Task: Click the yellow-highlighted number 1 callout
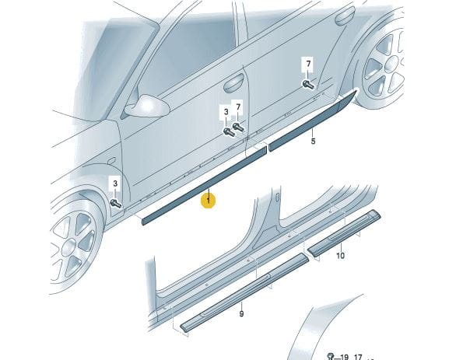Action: pyautogui.click(x=209, y=201)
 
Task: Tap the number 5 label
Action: pyautogui.click(x=313, y=142)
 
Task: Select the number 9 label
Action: pyautogui.click(x=241, y=314)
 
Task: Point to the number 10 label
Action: pyautogui.click(x=340, y=256)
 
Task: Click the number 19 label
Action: pyautogui.click(x=344, y=357)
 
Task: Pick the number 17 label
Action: pyautogui.click(x=358, y=357)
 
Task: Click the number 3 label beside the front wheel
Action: pyautogui.click(x=115, y=183)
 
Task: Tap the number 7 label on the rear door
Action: pyautogui.click(x=309, y=63)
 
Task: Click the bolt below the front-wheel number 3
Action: pyautogui.click(x=116, y=203)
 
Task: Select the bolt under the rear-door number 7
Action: pyautogui.click(x=309, y=85)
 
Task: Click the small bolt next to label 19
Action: pyautogui.click(x=331, y=356)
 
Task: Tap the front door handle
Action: pyautogui.click(x=233, y=83)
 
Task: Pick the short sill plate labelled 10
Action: pyautogui.click(x=344, y=232)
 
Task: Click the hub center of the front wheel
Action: pyautogui.click(x=69, y=248)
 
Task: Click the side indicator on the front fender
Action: pyautogui.click(x=112, y=161)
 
